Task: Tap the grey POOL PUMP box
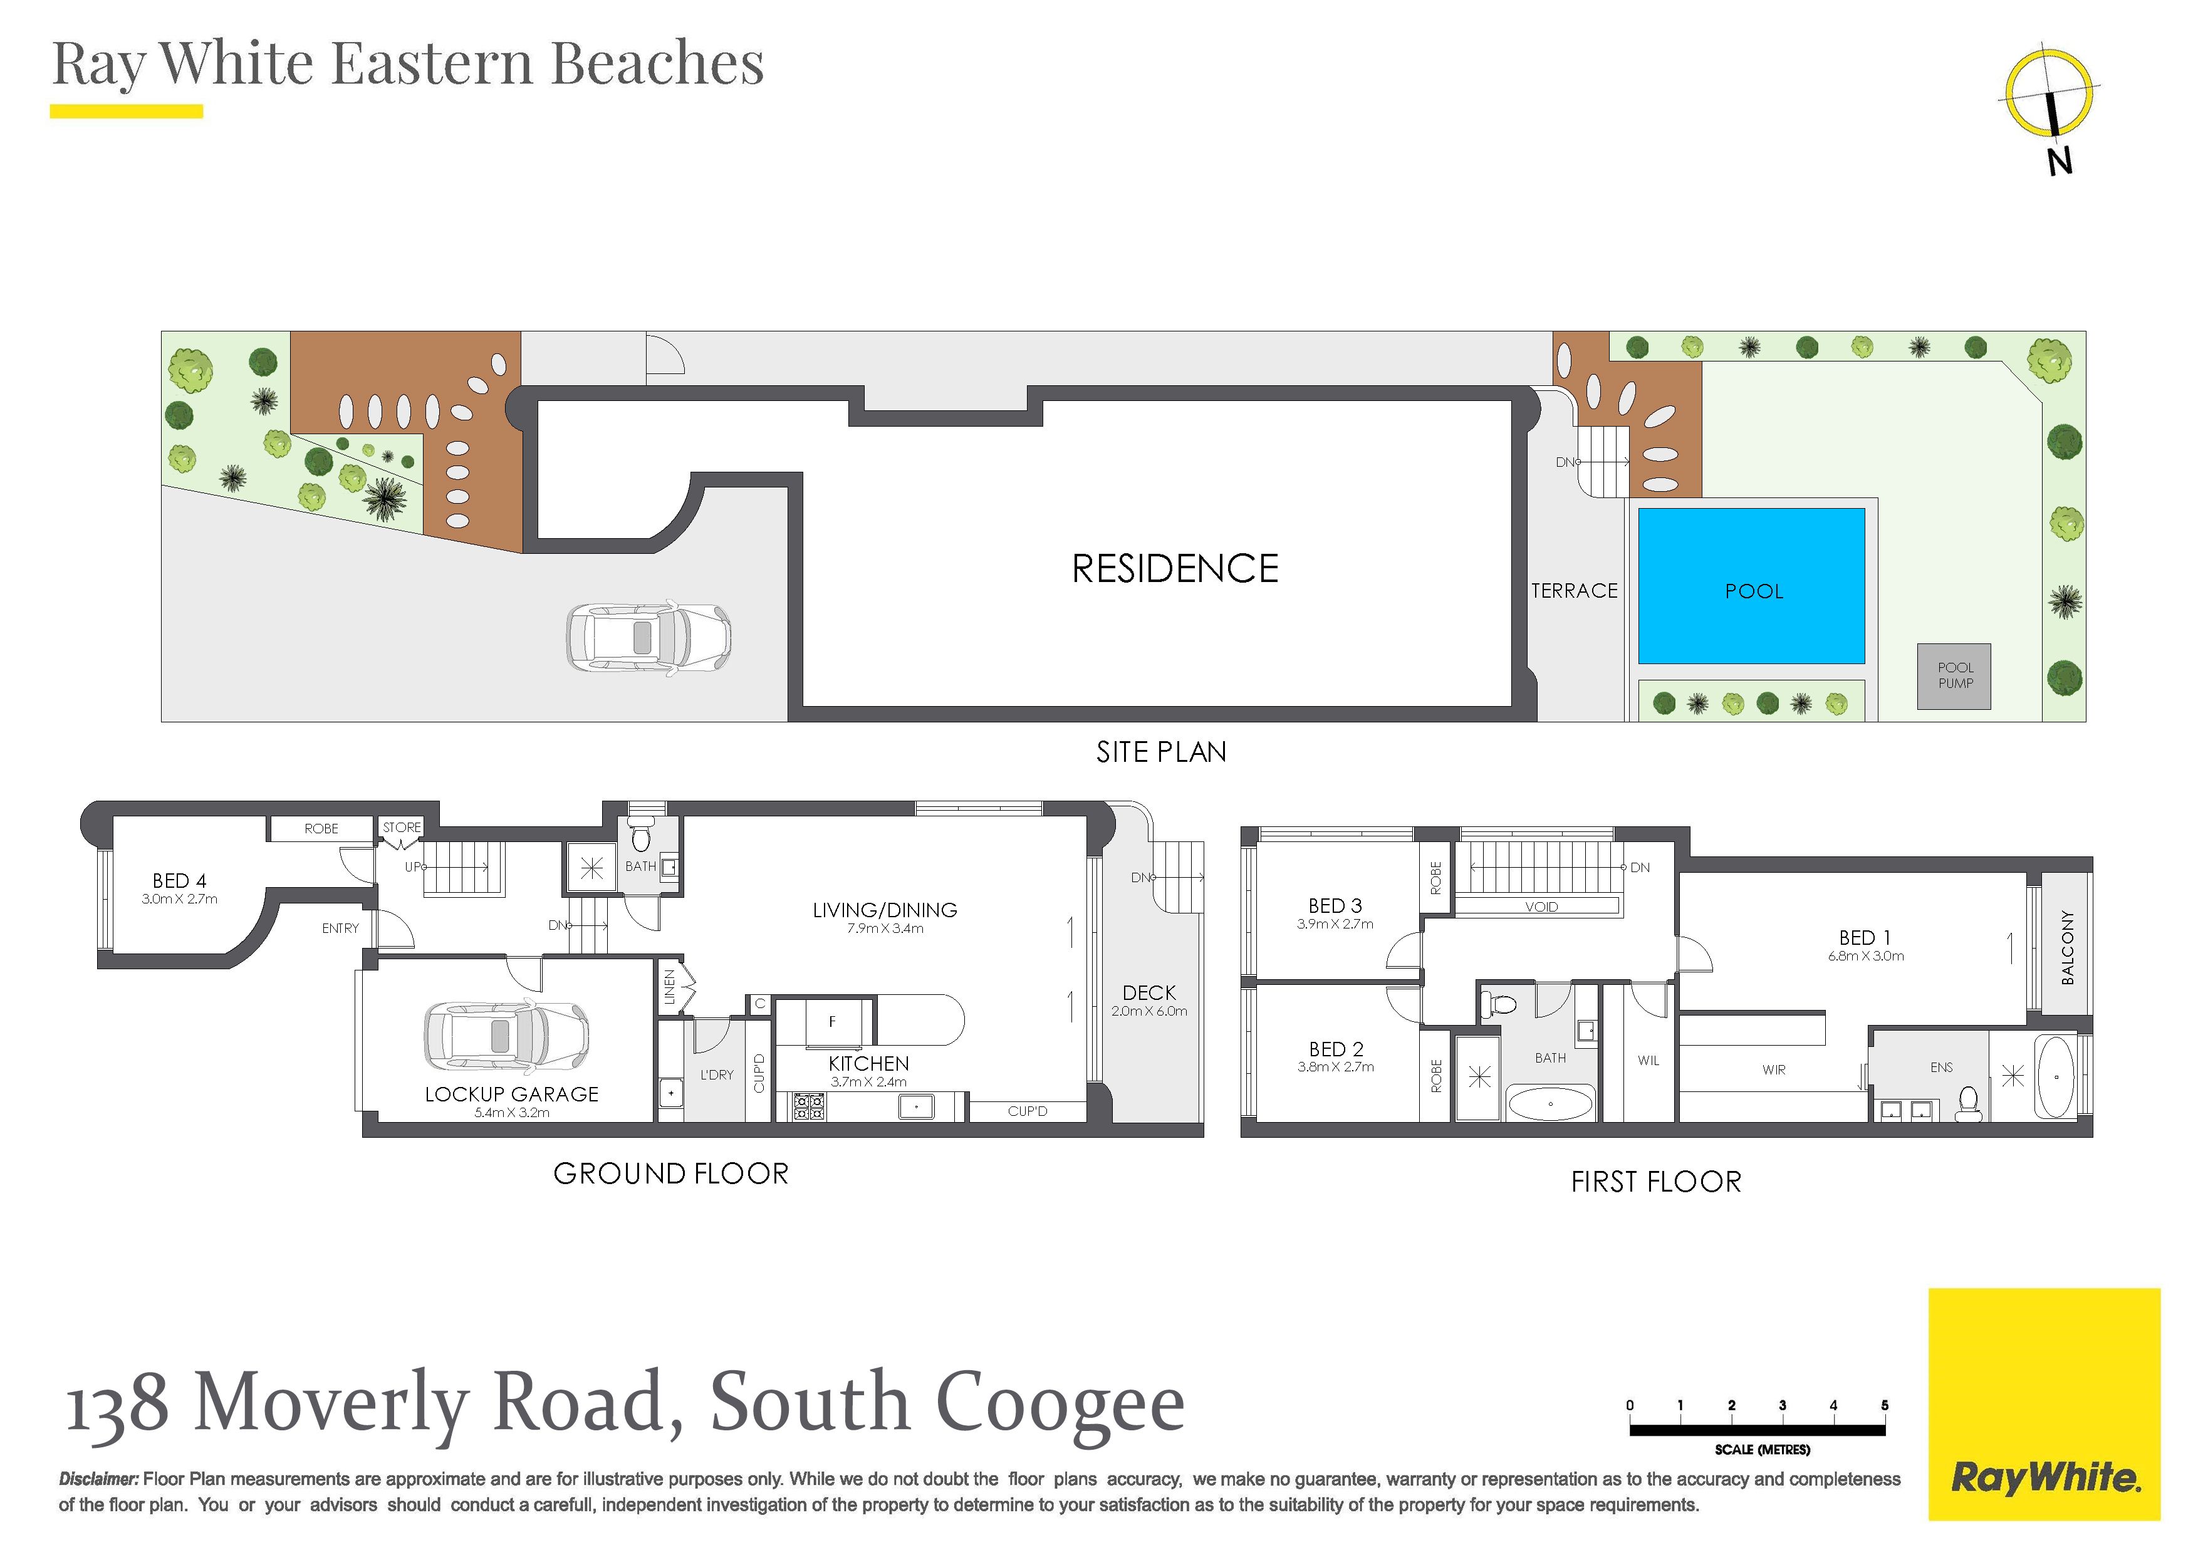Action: click(1954, 676)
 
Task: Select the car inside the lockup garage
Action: click(506, 1036)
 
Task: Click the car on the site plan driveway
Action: click(648, 637)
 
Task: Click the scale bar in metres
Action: click(1758, 1430)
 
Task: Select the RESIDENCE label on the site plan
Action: click(1175, 569)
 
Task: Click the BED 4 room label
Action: click(180, 881)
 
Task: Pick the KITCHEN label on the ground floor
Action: click(868, 1064)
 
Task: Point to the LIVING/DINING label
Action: click(885, 910)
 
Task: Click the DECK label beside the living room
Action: click(1148, 993)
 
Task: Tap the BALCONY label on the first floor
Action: click(2067, 947)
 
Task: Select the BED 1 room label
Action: click(1864, 937)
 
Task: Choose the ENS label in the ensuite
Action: click(1942, 1067)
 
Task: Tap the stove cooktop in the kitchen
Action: click(809, 1107)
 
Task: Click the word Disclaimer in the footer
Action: click(98, 1479)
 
